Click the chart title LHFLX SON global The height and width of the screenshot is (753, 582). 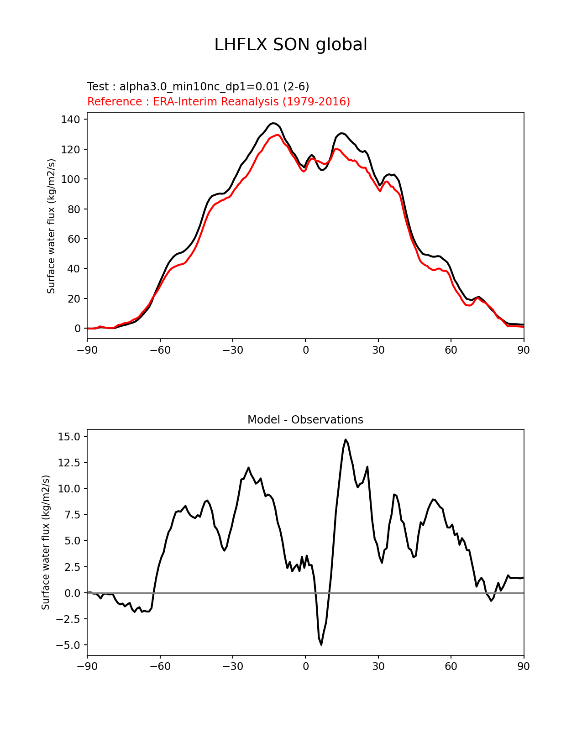291,45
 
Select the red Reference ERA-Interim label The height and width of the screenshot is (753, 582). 219,101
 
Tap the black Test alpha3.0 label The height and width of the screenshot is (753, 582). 198,87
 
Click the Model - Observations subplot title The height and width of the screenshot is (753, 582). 305,420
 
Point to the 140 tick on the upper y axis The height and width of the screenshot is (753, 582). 71,120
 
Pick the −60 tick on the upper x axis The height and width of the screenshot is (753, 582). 160,350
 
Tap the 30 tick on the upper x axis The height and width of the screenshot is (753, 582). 378,350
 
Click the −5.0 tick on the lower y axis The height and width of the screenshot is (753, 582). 68,645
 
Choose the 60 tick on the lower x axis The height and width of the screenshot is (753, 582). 451,666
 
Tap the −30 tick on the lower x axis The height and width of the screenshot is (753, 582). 232,666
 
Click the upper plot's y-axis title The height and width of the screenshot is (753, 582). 51,226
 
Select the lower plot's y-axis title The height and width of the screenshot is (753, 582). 46,542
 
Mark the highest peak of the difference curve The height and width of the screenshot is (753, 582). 346,439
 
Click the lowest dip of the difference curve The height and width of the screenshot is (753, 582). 321,644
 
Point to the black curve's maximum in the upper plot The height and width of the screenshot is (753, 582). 273,123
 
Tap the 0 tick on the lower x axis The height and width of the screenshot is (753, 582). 305,666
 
